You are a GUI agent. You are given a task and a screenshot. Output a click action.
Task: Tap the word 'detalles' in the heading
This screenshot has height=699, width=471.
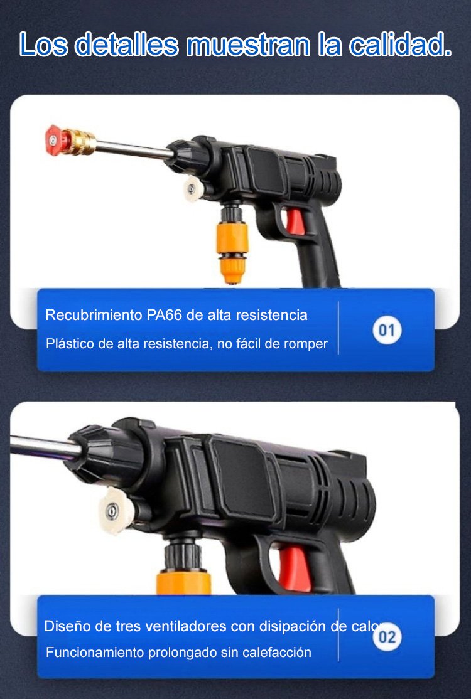click(126, 45)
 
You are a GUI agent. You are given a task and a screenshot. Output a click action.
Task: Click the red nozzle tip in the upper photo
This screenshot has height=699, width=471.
click(54, 140)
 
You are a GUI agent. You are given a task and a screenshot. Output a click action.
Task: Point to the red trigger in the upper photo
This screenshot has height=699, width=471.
click(296, 221)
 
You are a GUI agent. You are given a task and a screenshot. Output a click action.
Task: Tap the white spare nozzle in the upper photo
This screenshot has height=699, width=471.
click(193, 189)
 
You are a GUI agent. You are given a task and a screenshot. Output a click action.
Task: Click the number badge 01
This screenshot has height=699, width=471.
click(387, 330)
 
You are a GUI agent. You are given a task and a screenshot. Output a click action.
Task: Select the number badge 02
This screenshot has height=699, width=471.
click(387, 637)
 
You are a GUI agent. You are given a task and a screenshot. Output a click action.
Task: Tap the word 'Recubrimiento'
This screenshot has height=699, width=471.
click(94, 315)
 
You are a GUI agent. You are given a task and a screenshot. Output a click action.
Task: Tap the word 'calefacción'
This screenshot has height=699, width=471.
click(276, 653)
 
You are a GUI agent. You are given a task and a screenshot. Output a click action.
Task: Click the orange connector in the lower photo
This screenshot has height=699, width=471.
click(183, 582)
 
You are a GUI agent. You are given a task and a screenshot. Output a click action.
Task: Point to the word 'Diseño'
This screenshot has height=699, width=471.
click(64, 626)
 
